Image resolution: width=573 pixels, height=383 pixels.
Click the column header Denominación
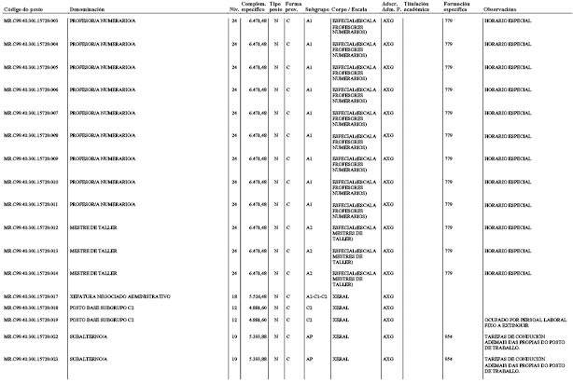coord(86,8)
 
